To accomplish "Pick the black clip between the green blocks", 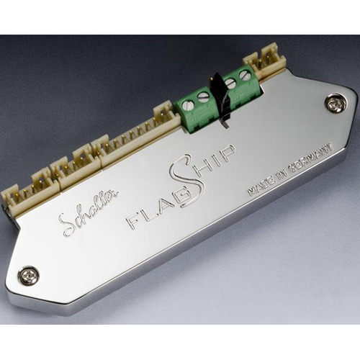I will click(220, 101).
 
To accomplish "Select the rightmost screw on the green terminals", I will click(245, 74).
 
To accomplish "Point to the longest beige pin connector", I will click(137, 135).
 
